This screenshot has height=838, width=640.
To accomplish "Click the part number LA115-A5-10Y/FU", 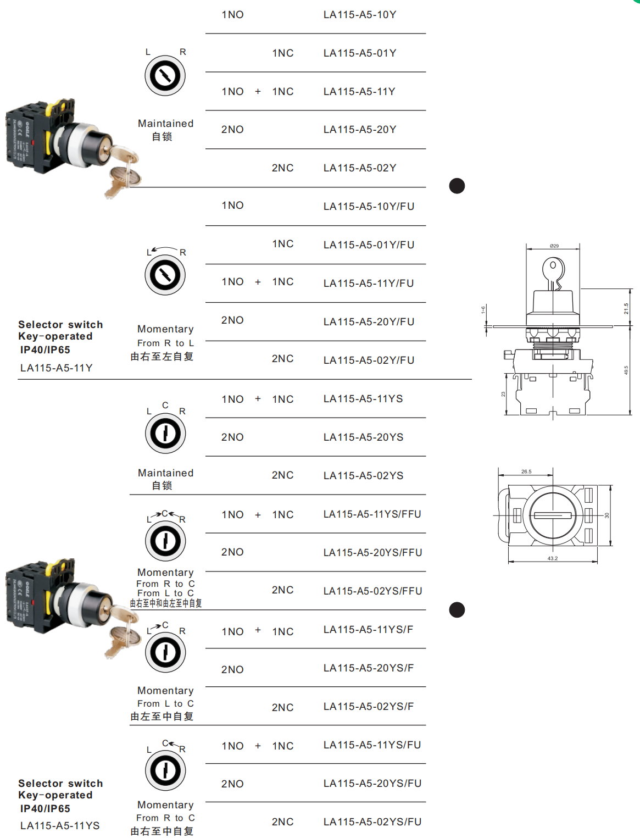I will click(369, 207).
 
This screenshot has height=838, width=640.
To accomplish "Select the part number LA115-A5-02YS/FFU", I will click(372, 591).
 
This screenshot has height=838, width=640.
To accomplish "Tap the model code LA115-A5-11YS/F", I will click(368, 630).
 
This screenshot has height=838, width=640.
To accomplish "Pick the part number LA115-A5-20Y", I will click(360, 130).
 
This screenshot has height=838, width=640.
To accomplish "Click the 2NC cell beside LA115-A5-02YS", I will click(282, 475).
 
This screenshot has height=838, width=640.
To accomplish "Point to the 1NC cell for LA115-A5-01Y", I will click(283, 53).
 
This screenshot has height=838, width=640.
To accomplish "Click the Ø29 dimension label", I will click(554, 246).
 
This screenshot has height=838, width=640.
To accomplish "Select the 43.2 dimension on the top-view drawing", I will click(553, 558).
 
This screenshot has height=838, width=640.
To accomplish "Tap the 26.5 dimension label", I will click(526, 471).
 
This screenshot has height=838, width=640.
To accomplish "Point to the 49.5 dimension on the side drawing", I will click(626, 370).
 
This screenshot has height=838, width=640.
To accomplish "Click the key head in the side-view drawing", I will click(553, 269).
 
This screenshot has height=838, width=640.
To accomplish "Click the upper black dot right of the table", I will click(457, 186).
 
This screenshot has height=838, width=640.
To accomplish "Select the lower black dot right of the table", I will click(457, 610).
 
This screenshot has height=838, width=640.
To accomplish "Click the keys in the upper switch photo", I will click(123, 170).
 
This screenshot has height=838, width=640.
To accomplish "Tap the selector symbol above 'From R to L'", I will click(165, 275).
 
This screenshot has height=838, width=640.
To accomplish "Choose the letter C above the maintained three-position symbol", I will click(165, 405).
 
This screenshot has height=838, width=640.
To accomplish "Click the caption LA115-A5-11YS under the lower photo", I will click(60, 826).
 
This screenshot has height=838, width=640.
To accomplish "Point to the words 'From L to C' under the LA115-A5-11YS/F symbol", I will click(165, 704).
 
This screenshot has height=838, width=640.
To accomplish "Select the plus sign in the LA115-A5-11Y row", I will click(258, 92).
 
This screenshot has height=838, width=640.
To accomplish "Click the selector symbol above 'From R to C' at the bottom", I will click(165, 770).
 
